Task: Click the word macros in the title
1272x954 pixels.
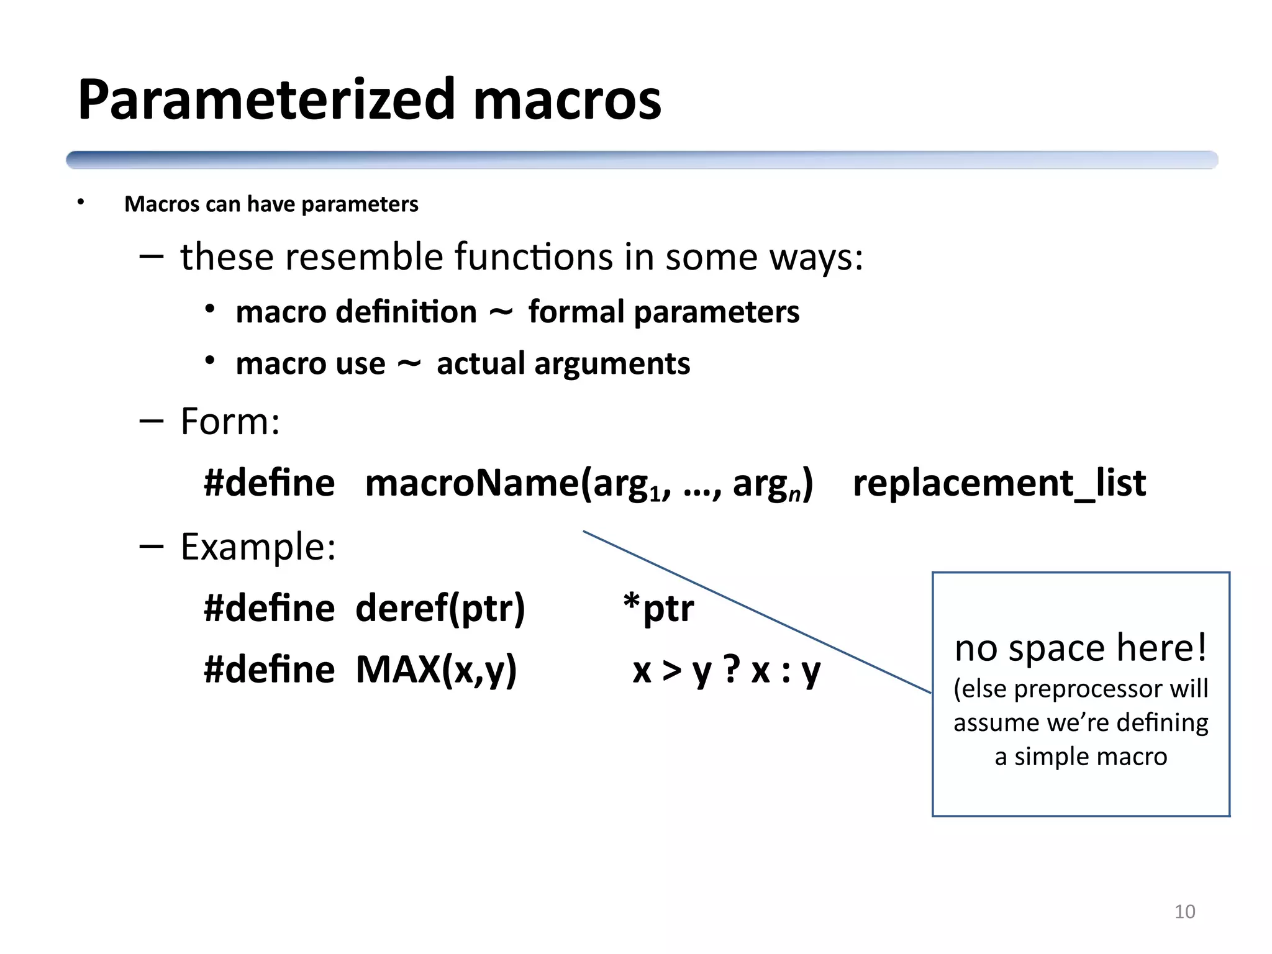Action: tap(566, 101)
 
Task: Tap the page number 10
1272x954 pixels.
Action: tap(1184, 912)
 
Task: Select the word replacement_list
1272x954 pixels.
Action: tap(999, 483)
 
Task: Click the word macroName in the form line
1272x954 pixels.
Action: tap(472, 483)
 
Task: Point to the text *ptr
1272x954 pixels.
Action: tap(658, 609)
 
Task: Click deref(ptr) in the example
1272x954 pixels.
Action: tap(440, 609)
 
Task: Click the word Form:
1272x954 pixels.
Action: tap(230, 422)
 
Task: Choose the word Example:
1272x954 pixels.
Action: tap(258, 547)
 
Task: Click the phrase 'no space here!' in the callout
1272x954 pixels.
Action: tap(1081, 648)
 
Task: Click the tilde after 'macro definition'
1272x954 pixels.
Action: tap(501, 312)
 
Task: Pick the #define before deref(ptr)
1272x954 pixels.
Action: tap(269, 609)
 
